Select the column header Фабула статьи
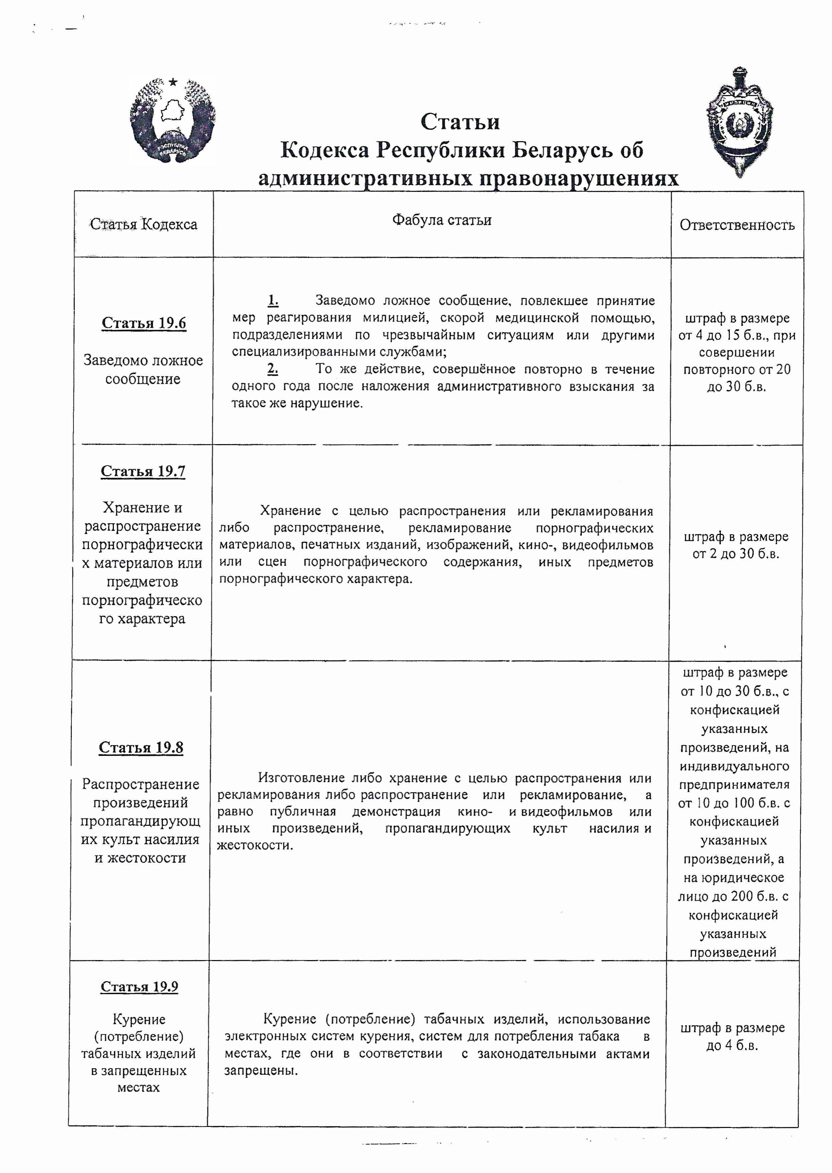click(442, 220)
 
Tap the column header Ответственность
click(737, 225)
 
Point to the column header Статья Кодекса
click(144, 224)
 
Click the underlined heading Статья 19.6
click(144, 323)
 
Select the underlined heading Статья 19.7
click(143, 471)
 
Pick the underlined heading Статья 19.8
click(141, 748)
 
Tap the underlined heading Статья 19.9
click(139, 987)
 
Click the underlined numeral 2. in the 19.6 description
click(272, 369)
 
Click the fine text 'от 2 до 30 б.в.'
click(736, 554)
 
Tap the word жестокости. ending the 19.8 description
click(255, 845)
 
